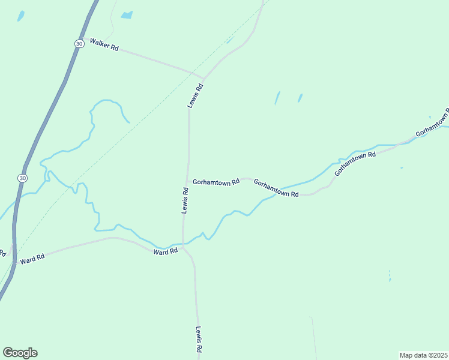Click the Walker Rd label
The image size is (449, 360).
104,44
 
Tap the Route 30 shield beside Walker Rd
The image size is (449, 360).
79,44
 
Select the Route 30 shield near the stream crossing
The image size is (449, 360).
22,178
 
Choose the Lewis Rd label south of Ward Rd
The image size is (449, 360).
199,339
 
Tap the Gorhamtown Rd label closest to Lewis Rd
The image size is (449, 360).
217,181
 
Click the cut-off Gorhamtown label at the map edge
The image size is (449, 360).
432,123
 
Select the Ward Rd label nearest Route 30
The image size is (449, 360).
32,259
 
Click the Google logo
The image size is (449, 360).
20,353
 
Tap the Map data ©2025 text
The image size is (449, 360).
423,355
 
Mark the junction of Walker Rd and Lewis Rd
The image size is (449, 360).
203,79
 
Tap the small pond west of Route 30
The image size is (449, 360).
21,16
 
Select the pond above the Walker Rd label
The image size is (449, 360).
126,15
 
